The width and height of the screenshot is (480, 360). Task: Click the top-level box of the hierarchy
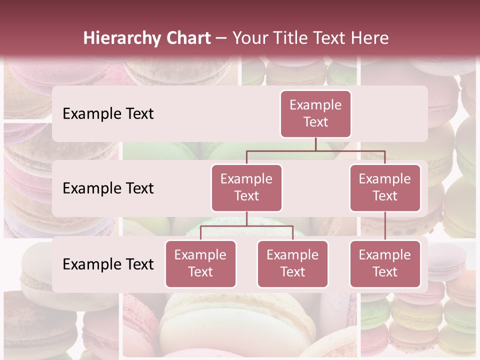click(x=315, y=113)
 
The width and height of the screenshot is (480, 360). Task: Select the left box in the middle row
click(x=246, y=187)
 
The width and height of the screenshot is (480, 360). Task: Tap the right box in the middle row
click(x=385, y=187)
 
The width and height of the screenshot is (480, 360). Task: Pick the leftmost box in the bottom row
click(x=200, y=263)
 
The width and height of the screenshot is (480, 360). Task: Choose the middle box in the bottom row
click(x=292, y=263)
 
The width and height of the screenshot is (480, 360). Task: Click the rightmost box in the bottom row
click(x=385, y=263)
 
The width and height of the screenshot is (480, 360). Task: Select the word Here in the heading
click(x=370, y=38)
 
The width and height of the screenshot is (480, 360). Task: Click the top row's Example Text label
click(x=108, y=114)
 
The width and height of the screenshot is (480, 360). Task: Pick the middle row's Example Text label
click(x=108, y=188)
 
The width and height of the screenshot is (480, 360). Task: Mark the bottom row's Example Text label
click(x=108, y=264)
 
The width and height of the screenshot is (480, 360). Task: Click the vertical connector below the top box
click(x=315, y=144)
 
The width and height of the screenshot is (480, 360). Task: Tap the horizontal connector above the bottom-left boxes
click(x=246, y=226)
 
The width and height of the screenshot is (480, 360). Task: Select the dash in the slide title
click(x=221, y=38)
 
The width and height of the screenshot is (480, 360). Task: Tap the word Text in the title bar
click(x=333, y=38)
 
